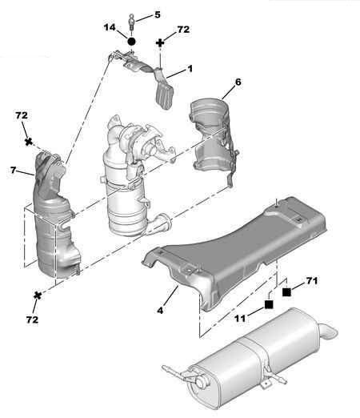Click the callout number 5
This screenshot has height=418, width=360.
click(x=158, y=15)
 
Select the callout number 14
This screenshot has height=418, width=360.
click(x=110, y=27)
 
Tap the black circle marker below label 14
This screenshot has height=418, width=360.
click(x=131, y=42)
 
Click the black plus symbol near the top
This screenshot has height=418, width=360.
click(x=160, y=43)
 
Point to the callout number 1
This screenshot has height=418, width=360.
click(x=190, y=69)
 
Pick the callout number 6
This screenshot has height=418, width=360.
click(x=238, y=82)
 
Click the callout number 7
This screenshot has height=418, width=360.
click(x=14, y=170)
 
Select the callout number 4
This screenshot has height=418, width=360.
click(x=160, y=311)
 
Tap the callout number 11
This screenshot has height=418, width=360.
click(x=240, y=318)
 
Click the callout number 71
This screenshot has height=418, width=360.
click(x=311, y=281)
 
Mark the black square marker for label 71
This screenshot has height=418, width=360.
click(x=286, y=292)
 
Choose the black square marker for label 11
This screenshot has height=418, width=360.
click(x=269, y=304)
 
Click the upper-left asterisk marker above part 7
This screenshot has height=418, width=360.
click(x=29, y=142)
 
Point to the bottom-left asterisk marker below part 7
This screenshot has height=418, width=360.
click(x=38, y=295)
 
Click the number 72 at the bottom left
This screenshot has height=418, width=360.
click(x=32, y=320)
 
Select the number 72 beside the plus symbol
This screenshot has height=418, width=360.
click(x=183, y=30)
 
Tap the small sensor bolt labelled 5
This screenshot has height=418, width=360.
click(x=131, y=22)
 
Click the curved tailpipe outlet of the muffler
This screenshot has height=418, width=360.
click(x=329, y=331)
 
